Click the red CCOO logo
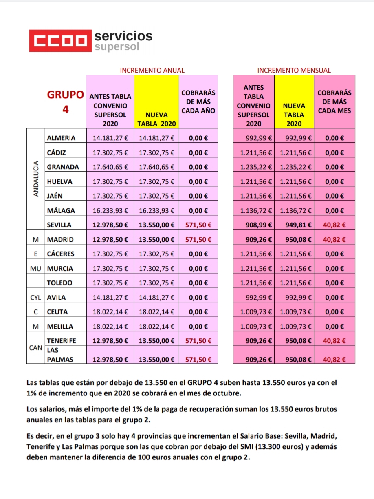(60, 41)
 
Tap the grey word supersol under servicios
(117, 47)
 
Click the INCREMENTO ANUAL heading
(152, 70)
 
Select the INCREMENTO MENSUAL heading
(294, 70)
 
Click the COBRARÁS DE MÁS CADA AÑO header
(198, 102)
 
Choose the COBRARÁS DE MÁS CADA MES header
(334, 102)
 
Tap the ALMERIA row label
(61, 138)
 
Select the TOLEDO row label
(59, 283)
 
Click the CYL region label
(36, 298)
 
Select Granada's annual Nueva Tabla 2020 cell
(156, 167)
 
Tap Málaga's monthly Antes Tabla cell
(253, 210)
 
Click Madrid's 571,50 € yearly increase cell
(198, 239)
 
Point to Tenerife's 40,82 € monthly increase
(334, 341)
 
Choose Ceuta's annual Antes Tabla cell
(110, 312)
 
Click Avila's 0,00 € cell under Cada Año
(198, 298)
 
